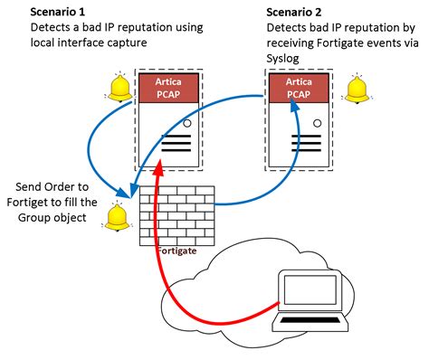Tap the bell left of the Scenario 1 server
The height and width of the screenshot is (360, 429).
click(119, 86)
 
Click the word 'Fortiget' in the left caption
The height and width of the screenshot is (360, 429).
click(57, 203)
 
